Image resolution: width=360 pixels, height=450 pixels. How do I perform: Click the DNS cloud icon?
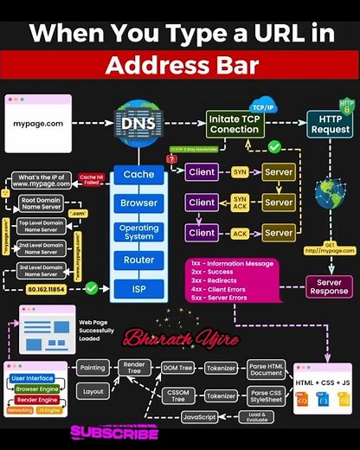[138, 124]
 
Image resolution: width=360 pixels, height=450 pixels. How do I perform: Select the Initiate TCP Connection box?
[235, 124]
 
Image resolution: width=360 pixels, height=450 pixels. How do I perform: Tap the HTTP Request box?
[330, 124]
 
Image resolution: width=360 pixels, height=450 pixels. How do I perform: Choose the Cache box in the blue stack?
[138, 174]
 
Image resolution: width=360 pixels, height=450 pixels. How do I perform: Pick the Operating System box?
[138, 233]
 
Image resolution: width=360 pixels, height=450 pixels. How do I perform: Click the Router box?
[138, 260]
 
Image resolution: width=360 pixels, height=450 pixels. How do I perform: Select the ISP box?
[138, 286]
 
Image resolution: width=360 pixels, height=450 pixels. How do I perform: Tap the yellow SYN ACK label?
[240, 202]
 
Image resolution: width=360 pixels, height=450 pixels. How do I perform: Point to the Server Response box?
[329, 287]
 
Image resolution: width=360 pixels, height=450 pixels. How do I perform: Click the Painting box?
[93, 368]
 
